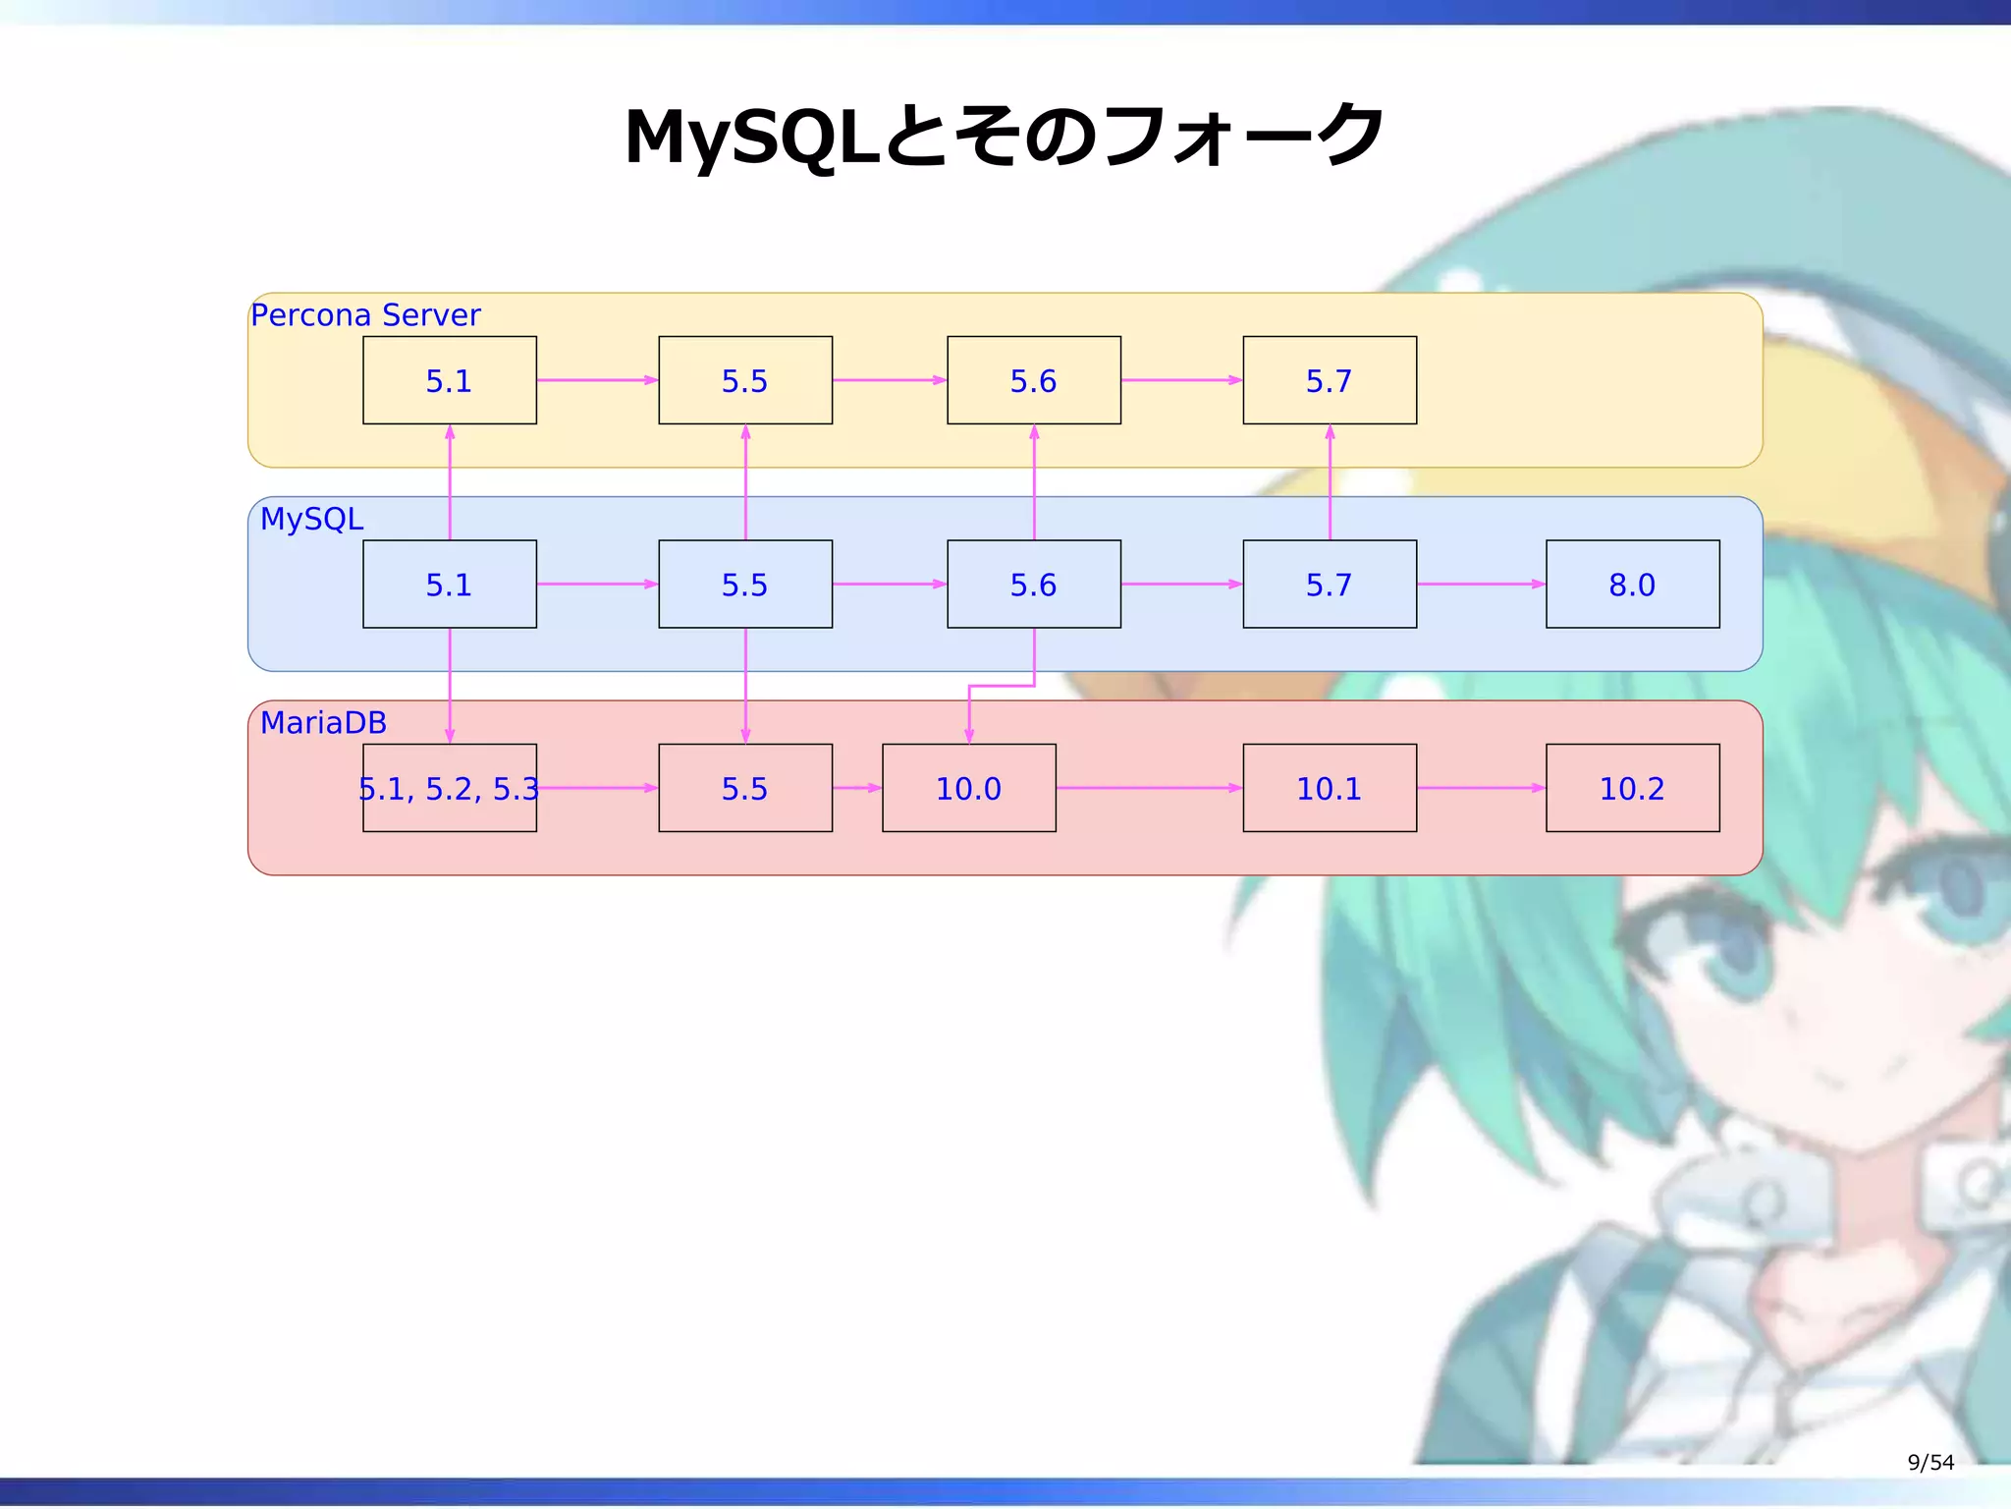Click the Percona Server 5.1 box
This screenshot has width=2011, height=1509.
(x=450, y=380)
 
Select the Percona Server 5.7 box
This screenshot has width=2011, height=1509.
(x=1330, y=380)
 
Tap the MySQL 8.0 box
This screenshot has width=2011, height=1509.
(x=1632, y=585)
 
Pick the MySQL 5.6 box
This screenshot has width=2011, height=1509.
(x=1034, y=585)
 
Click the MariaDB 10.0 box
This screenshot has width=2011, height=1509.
(x=969, y=788)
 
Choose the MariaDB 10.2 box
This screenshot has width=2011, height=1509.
(x=1632, y=788)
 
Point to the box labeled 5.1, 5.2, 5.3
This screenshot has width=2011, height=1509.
(x=450, y=788)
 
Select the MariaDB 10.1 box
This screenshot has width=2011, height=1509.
(x=1330, y=788)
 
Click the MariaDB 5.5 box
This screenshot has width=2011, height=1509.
(x=745, y=788)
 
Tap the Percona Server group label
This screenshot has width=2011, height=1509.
(x=365, y=315)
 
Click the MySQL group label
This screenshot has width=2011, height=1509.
(x=311, y=519)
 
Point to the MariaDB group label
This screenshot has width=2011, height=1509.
(x=323, y=723)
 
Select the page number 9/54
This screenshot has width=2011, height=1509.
(x=1929, y=1463)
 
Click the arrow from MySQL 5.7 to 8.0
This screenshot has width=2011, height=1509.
(x=1481, y=585)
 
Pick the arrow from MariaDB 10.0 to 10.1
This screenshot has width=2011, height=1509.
(x=1149, y=788)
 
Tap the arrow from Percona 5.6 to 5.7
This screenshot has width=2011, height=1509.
(x=1181, y=380)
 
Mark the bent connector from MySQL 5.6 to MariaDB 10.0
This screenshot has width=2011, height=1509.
(x=1002, y=686)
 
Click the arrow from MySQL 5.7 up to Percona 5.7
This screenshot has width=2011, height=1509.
(x=1330, y=481)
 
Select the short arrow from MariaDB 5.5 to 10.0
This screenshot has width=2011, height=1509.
(x=857, y=788)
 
